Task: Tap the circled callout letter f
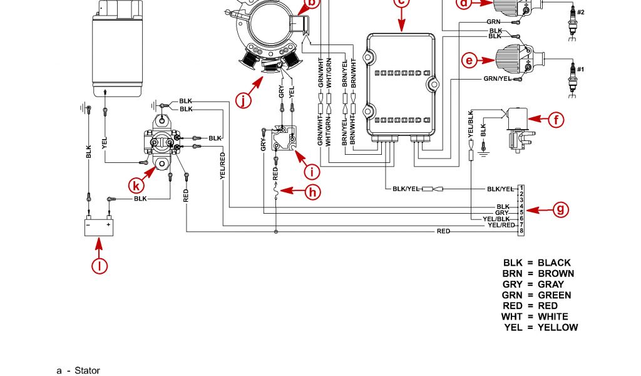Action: coord(556,119)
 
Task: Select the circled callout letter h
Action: coord(312,192)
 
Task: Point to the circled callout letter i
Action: coord(311,171)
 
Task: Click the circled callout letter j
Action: coord(244,98)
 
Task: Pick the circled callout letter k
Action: coord(138,185)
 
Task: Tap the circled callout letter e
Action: coord(469,61)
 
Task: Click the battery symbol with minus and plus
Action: coord(100,226)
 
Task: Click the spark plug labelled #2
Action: coord(571,18)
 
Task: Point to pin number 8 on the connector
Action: coord(521,232)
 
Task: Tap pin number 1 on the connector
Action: coord(521,188)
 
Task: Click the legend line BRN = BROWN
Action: coord(538,273)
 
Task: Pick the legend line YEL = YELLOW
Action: coord(541,327)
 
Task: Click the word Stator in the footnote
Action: coord(87,370)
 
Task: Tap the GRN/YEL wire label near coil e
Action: coord(498,79)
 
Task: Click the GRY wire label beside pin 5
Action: coord(502,212)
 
